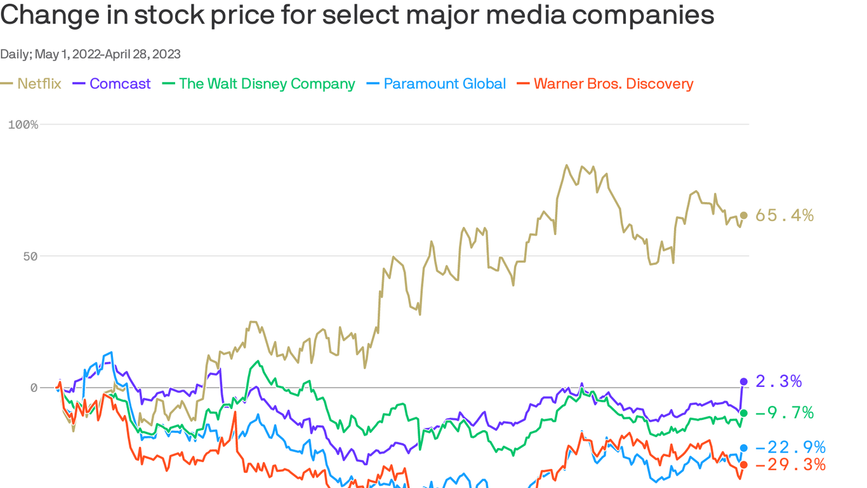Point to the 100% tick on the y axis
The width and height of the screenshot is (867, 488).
(x=23, y=125)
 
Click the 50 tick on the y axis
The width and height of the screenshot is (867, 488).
(x=30, y=256)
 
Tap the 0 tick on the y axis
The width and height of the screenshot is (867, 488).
(x=34, y=388)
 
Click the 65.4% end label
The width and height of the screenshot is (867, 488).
(x=784, y=215)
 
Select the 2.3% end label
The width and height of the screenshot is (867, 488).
(x=779, y=381)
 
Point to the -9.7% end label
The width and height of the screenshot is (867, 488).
(x=784, y=413)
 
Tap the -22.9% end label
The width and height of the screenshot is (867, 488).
(x=790, y=447)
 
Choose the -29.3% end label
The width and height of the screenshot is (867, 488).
(x=790, y=464)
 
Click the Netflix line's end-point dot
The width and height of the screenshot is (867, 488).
(x=744, y=215)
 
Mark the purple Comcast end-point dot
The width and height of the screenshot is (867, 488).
(x=744, y=382)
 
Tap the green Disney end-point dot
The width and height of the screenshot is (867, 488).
(x=744, y=413)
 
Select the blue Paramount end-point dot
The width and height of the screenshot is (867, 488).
(x=744, y=448)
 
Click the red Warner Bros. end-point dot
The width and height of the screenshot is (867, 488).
(x=744, y=465)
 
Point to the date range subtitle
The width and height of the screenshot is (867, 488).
(x=90, y=54)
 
